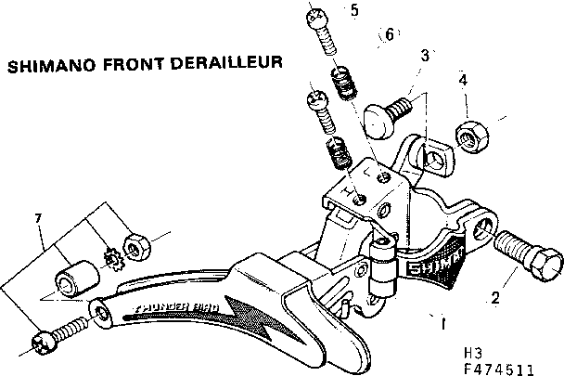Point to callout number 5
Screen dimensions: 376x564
coord(352,11)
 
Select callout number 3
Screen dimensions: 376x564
coord(425,56)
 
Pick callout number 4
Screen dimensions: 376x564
coord(462,81)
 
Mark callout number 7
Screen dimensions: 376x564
coord(37,218)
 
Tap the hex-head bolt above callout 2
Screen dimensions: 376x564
coord(528,250)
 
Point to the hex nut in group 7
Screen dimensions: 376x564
coord(139,242)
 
